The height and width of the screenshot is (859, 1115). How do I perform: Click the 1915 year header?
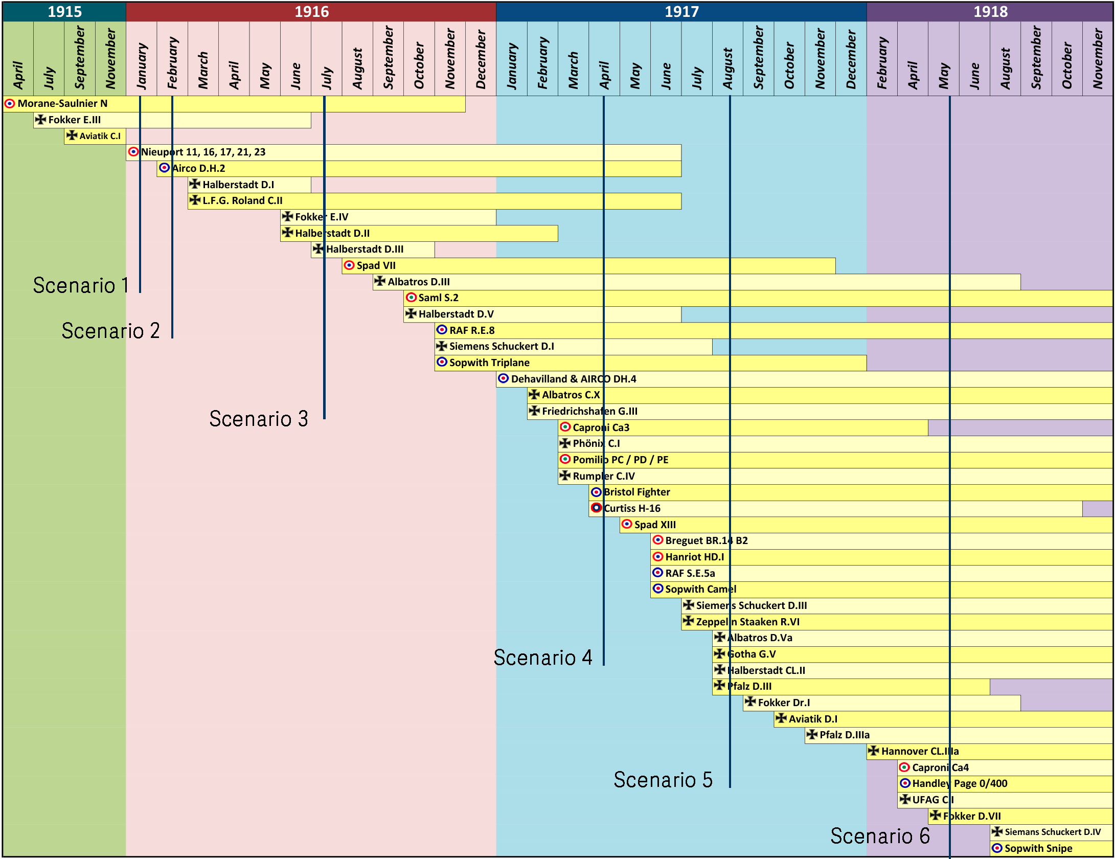(x=64, y=12)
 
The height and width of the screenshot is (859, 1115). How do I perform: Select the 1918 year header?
(x=990, y=12)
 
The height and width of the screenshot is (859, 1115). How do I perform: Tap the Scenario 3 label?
(x=259, y=419)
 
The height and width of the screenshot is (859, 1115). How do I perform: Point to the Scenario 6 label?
(x=880, y=836)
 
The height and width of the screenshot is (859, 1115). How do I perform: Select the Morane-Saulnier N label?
(x=62, y=104)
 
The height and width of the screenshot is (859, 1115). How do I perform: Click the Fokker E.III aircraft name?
(x=74, y=120)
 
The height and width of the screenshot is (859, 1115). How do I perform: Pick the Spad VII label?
(x=376, y=266)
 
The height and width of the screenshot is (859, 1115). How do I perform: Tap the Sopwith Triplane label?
(x=489, y=363)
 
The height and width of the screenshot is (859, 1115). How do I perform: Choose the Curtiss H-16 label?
(x=632, y=509)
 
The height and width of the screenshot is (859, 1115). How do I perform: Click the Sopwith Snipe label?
(x=1038, y=849)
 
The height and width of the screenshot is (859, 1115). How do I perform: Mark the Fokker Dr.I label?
(x=784, y=703)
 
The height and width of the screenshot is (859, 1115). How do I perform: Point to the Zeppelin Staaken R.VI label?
(x=747, y=622)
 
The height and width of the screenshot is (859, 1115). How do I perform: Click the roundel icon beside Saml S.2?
(x=411, y=298)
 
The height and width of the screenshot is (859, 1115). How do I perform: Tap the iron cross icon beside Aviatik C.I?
(x=72, y=135)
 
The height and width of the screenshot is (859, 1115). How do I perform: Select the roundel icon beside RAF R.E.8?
(x=442, y=330)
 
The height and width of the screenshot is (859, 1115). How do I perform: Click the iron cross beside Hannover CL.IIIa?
(x=874, y=751)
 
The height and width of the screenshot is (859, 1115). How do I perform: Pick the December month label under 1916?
(x=481, y=59)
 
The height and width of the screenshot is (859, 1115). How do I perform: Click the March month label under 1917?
(x=573, y=70)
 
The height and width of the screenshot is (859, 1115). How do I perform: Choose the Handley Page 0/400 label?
(x=960, y=784)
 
